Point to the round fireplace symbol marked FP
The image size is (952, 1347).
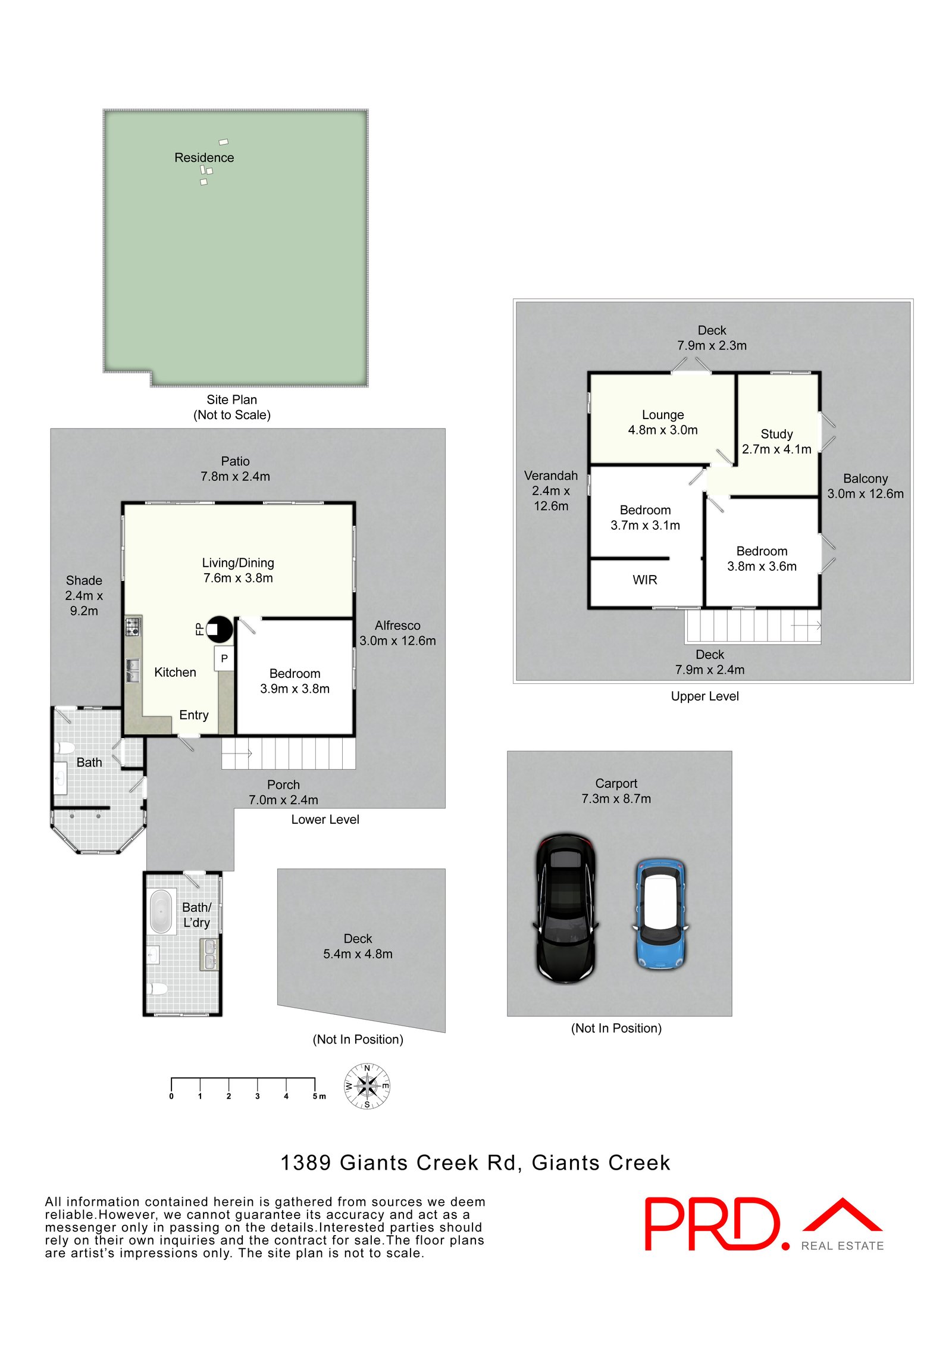[x=219, y=629]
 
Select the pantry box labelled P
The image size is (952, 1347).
[x=224, y=659]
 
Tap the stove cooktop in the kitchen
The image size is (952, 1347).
[x=132, y=626]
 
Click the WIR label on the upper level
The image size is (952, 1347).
[x=645, y=580]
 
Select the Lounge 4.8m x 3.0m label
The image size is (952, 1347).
[x=663, y=422]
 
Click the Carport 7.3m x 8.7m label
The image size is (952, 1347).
[x=616, y=791]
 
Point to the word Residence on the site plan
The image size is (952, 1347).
[x=204, y=158]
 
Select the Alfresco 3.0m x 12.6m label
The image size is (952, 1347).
[x=397, y=633]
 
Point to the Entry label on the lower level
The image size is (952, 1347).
[x=194, y=715]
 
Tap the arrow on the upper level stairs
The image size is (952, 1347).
[x=806, y=626]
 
